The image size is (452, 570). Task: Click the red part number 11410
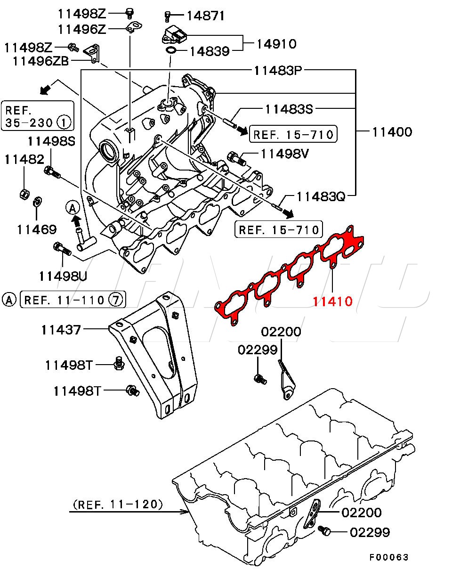pyautogui.click(x=332, y=301)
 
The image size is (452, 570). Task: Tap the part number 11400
pyautogui.click(x=392, y=131)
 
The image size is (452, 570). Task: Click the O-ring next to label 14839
pyautogui.click(x=172, y=50)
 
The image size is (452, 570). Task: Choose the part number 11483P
pyautogui.click(x=278, y=71)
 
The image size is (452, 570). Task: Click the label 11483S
pyautogui.click(x=289, y=109)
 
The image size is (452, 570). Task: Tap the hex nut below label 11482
pyautogui.click(x=24, y=194)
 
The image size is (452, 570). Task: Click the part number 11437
pyautogui.click(x=61, y=329)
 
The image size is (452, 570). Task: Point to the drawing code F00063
pyautogui.click(x=388, y=557)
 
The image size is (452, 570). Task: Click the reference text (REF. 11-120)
pyautogui.click(x=118, y=504)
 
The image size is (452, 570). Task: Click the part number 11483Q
pyautogui.click(x=321, y=196)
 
